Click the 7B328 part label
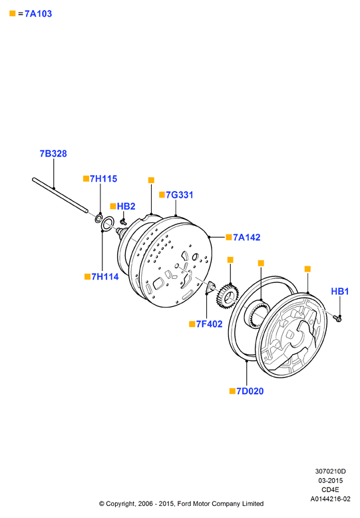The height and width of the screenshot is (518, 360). (53, 154)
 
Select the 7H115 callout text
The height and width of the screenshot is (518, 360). (103, 178)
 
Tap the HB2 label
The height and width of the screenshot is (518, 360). (126, 206)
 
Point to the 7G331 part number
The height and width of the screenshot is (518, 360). (180, 195)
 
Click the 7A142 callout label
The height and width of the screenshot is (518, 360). (247, 237)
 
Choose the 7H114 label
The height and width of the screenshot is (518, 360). (105, 276)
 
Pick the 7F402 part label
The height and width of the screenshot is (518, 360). (210, 324)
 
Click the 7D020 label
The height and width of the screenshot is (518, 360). (250, 391)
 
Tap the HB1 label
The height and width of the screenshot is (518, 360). (340, 292)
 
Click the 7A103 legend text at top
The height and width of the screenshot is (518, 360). (39, 13)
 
